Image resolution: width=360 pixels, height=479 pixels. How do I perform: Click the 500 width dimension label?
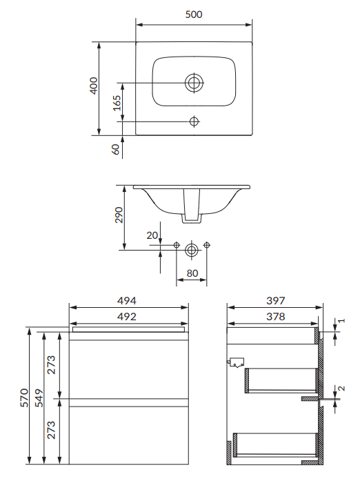pyautogui.click(x=194, y=14)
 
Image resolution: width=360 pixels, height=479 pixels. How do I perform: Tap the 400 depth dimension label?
pyautogui.click(x=94, y=86)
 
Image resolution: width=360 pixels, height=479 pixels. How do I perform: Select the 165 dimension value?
pyautogui.click(x=117, y=103)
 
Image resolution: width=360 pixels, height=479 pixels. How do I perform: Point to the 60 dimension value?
pyautogui.click(x=116, y=149)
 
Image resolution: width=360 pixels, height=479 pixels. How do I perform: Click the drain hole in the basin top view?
pyautogui.click(x=194, y=83)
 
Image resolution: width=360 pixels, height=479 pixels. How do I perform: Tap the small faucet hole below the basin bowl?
pyautogui.click(x=194, y=121)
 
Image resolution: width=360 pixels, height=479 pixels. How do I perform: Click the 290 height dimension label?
pyautogui.click(x=119, y=215)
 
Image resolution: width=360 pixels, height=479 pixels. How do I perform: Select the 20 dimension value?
pyautogui.click(x=152, y=235)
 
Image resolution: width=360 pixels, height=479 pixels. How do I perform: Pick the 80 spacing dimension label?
pyautogui.click(x=192, y=273)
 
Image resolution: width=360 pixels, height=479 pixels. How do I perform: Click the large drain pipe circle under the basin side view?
pyautogui.click(x=192, y=250)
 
